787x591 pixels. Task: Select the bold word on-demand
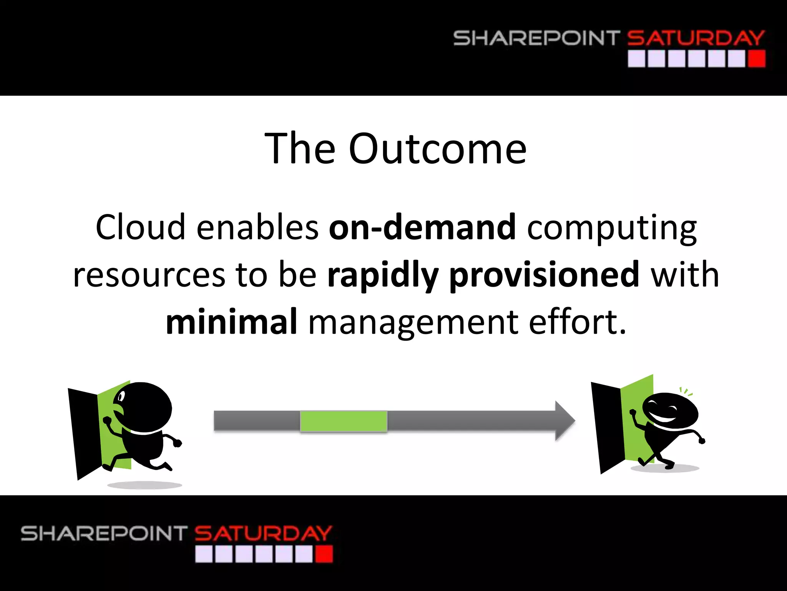click(422, 227)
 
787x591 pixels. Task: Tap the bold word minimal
click(231, 322)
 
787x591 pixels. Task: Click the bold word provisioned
click(544, 275)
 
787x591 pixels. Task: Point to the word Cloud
click(140, 227)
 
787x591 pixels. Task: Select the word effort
click(577, 322)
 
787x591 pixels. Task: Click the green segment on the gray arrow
click(343, 421)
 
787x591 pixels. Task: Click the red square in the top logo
click(757, 60)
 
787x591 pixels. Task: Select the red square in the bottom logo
click(324, 554)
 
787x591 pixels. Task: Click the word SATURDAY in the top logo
click(696, 38)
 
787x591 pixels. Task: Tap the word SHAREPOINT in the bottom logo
click(104, 533)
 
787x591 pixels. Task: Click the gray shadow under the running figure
click(144, 485)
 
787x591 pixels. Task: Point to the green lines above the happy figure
click(686, 392)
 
